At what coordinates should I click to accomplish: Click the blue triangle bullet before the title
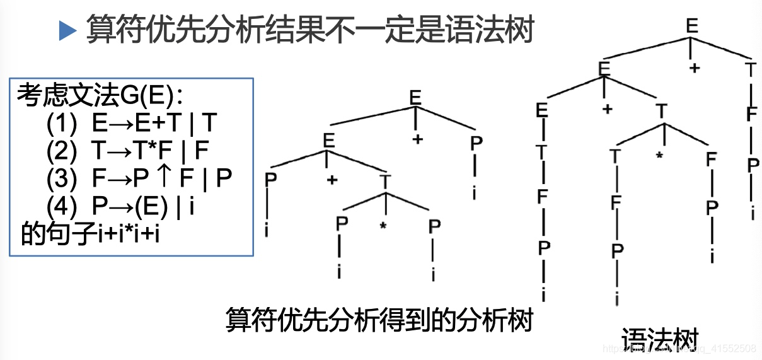point(66,30)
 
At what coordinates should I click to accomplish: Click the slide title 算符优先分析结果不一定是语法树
point(309,30)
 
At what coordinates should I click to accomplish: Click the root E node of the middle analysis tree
point(415,98)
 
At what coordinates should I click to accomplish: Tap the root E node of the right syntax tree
point(692,26)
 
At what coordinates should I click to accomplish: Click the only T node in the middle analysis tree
point(384,182)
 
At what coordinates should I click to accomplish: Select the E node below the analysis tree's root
point(328,141)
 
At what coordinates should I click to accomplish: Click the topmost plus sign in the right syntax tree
point(695,68)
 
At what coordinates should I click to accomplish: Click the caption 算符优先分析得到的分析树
point(379,320)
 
